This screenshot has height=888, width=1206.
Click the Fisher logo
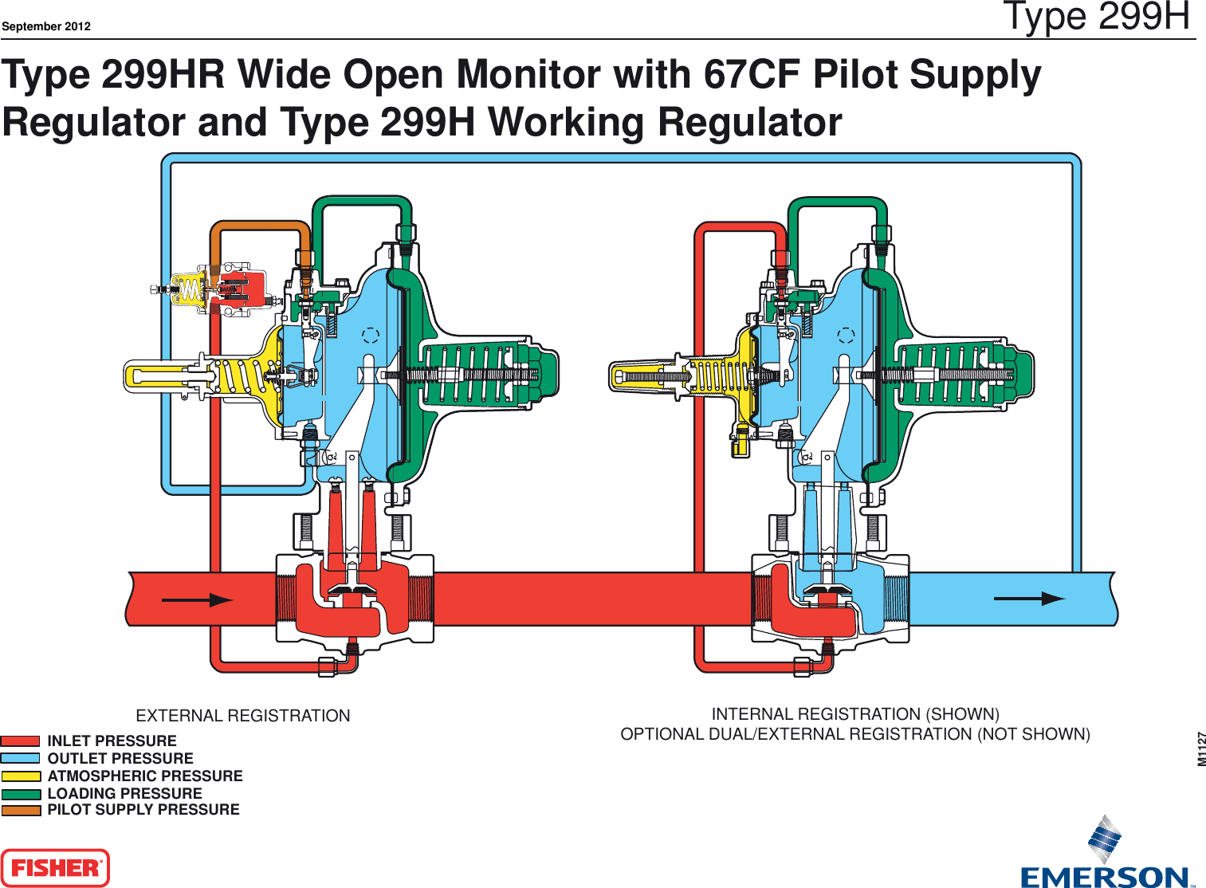tap(55, 868)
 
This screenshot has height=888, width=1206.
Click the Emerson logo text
tap(1105, 877)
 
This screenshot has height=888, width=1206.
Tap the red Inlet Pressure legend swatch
tap(21, 741)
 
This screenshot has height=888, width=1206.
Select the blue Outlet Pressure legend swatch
tap(21, 759)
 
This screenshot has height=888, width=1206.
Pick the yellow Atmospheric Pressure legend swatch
tap(21, 776)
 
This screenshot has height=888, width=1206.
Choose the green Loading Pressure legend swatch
tap(21, 794)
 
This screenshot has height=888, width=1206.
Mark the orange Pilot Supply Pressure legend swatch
tap(21, 811)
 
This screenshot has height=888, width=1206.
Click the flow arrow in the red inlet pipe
tap(197, 600)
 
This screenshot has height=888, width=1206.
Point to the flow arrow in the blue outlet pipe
tap(1029, 599)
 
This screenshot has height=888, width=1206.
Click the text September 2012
tap(46, 26)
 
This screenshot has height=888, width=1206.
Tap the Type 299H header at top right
tap(1096, 17)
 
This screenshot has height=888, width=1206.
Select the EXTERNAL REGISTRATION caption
tap(243, 716)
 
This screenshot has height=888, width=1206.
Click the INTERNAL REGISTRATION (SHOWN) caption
tap(855, 714)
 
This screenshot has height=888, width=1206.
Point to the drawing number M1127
tap(1201, 749)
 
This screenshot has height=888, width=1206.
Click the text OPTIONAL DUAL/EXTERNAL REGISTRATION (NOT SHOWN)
tap(855, 734)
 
